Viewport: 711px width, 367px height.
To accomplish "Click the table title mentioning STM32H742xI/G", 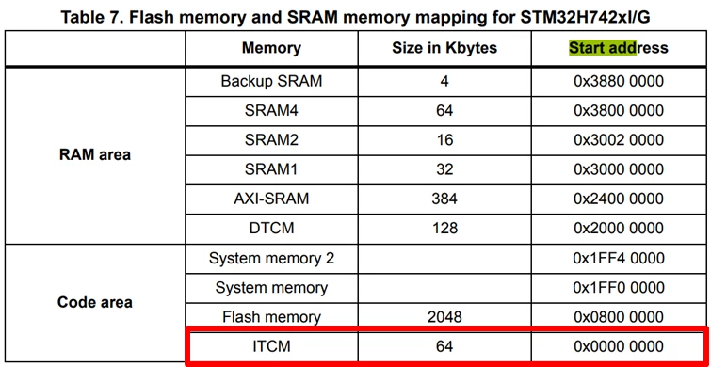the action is (356, 17).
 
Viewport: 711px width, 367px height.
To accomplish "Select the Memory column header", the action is (271, 48).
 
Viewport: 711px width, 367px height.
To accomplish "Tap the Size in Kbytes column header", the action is (444, 48).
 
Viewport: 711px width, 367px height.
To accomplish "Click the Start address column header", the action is (619, 48).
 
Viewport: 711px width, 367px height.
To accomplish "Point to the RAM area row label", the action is (95, 154).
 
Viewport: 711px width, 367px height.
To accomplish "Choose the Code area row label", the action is (95, 302).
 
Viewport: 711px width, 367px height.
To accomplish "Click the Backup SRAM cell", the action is (271, 82).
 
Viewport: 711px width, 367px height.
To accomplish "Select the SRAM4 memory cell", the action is (271, 110).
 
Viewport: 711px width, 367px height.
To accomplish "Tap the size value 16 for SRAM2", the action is (444, 140).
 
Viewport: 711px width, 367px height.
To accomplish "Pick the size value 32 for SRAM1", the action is (444, 169).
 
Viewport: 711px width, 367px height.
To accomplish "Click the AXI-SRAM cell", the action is (271, 199).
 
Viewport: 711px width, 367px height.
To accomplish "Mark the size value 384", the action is (444, 199).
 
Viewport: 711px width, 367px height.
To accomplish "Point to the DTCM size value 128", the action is (444, 228).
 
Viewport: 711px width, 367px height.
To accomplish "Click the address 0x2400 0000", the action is (619, 199).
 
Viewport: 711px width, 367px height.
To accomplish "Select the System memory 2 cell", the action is (271, 258).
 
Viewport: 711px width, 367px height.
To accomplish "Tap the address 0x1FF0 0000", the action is (619, 287).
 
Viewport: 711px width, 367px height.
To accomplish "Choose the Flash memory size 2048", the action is (444, 317).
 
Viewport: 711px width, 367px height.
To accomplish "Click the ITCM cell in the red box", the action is (271, 346).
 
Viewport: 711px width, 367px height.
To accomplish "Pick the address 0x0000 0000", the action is (619, 346).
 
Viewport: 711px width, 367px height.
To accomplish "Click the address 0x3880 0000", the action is (619, 82).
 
